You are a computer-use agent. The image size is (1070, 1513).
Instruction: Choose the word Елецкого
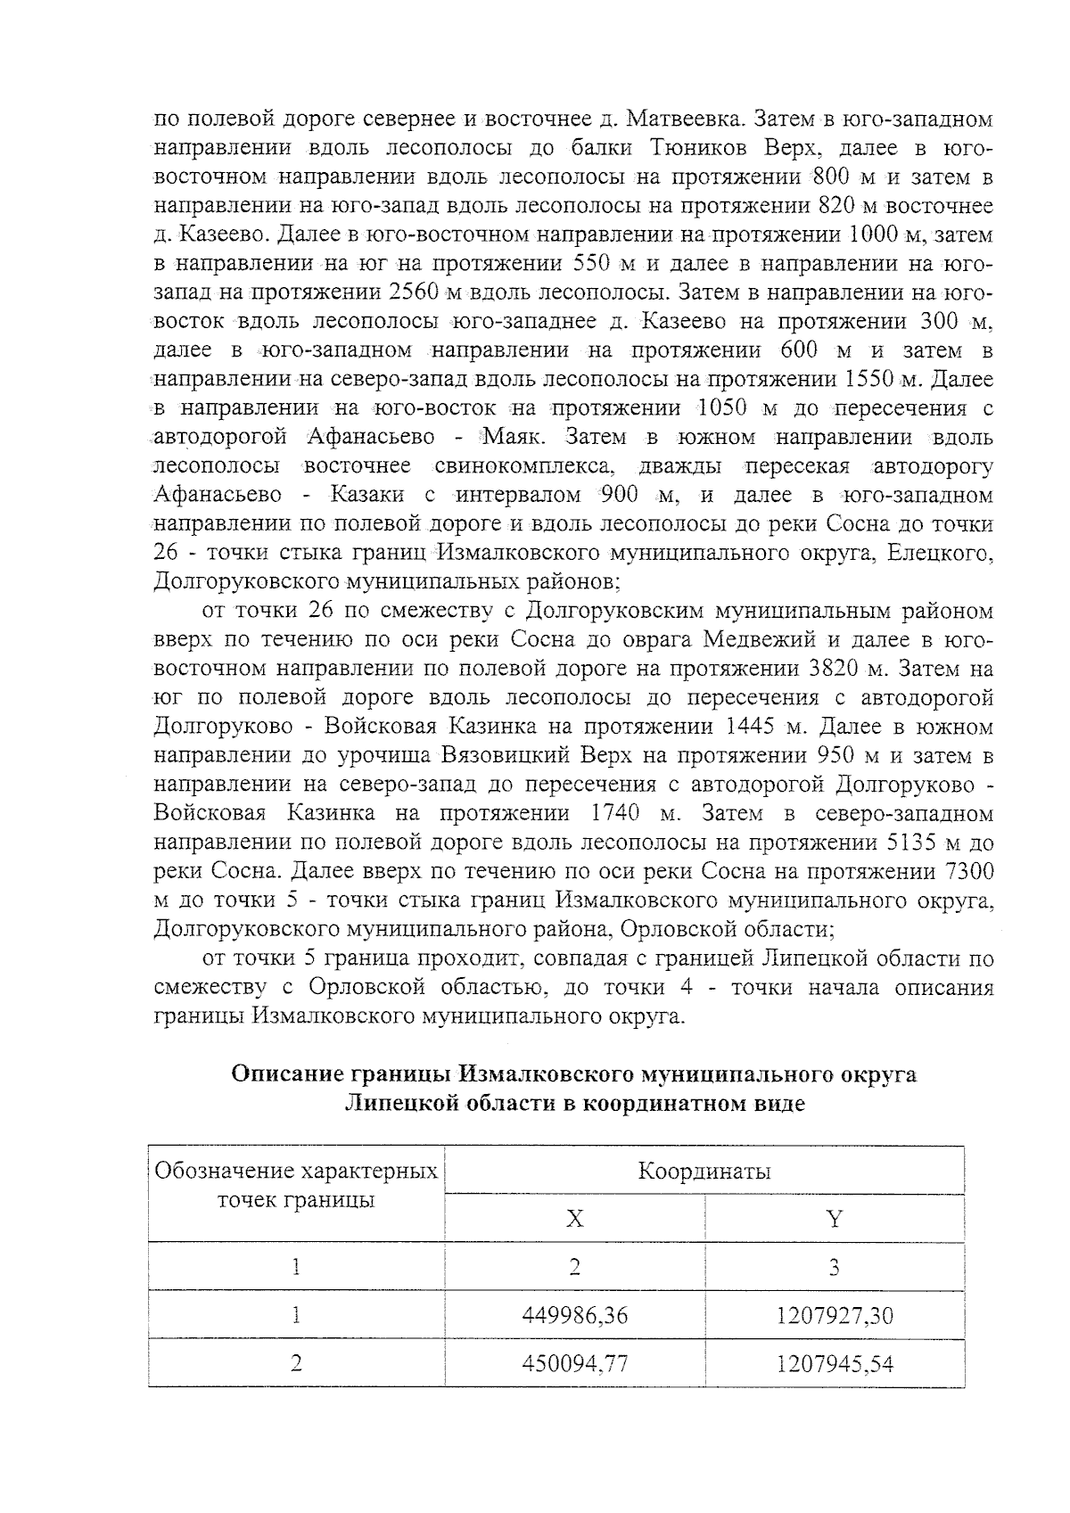(940, 553)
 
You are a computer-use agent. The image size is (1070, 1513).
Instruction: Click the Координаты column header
(704, 1171)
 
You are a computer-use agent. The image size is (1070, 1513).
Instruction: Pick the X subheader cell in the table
(575, 1219)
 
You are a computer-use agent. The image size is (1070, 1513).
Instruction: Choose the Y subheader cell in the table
(834, 1219)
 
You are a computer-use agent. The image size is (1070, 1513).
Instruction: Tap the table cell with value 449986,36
(575, 1315)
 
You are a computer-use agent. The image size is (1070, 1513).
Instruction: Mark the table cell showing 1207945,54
(834, 1363)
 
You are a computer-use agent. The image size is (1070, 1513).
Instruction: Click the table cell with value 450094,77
(575, 1363)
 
